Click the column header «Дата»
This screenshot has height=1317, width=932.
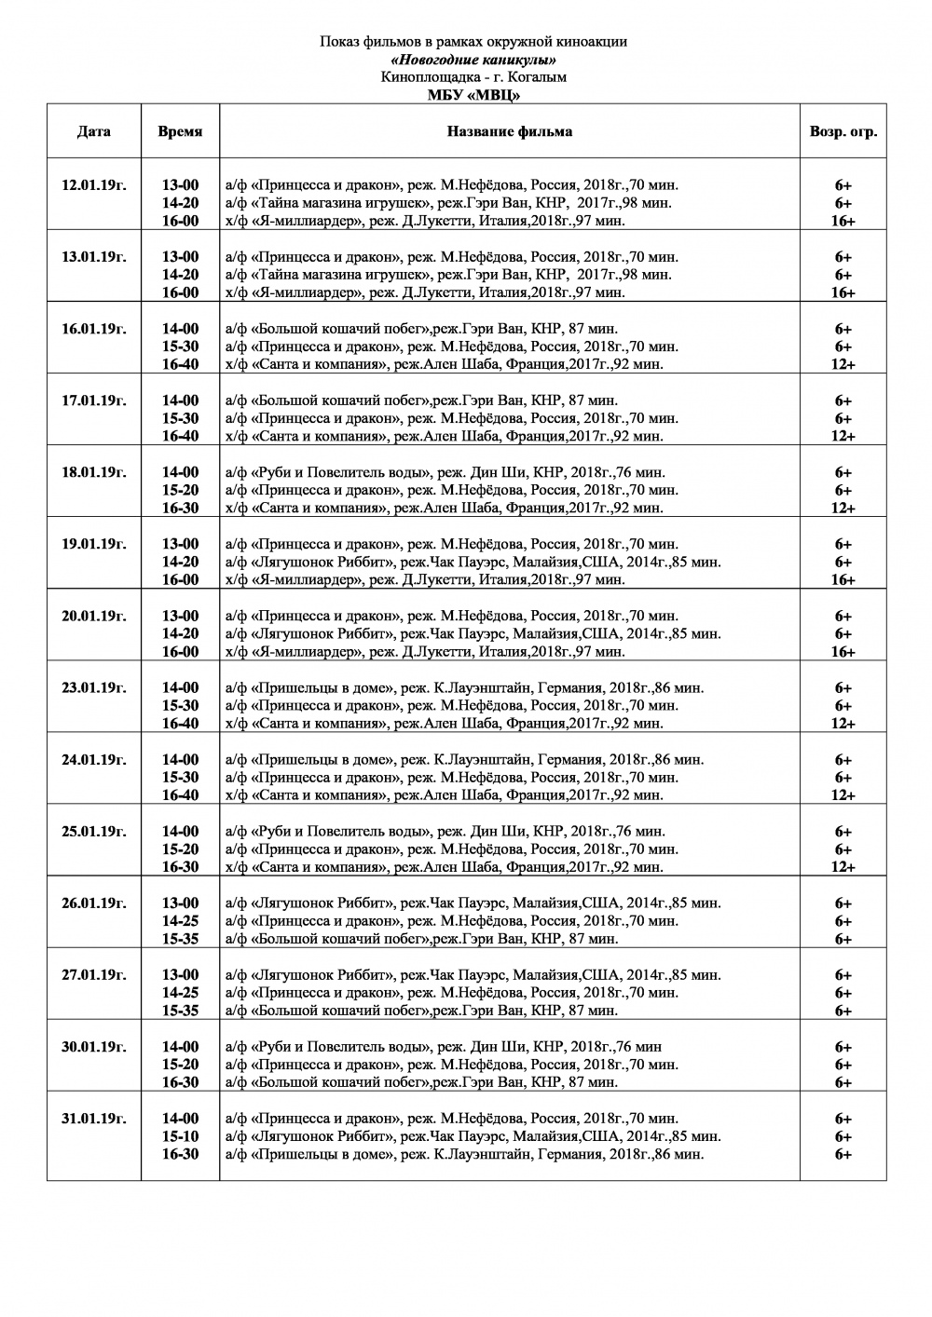pos(93,131)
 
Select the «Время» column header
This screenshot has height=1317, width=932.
pos(180,131)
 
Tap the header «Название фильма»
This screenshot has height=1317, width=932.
pos(509,131)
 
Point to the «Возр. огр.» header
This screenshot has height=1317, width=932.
pos(843,131)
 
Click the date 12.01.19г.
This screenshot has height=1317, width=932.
pos(93,184)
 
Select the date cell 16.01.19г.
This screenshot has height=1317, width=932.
pos(93,329)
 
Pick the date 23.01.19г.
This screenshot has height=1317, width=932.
pos(93,687)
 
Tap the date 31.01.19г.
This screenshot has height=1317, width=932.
pos(93,1119)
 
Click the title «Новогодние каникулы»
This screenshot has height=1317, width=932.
pos(473,60)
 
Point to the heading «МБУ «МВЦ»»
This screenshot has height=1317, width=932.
pos(473,95)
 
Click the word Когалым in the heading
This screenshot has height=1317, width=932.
pos(538,77)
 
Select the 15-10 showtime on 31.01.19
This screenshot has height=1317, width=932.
pos(180,1136)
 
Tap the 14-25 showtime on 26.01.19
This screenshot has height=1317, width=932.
pos(180,921)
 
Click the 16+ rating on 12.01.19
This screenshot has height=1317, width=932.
pos(843,221)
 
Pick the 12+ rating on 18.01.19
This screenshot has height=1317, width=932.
pos(843,509)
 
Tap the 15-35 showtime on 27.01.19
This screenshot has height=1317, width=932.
pos(180,1011)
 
